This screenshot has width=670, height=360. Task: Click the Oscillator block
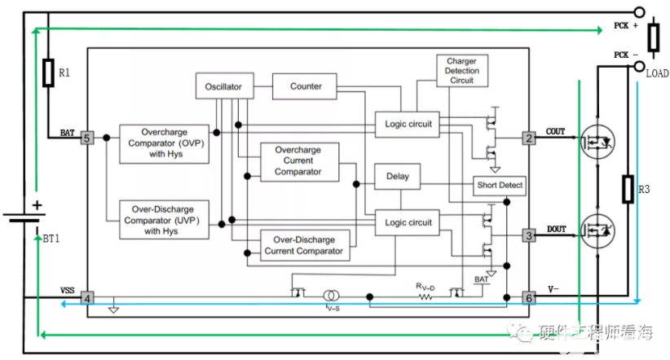(224, 86)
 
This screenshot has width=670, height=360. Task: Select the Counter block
(306, 86)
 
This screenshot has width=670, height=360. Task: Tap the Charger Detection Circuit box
(462, 71)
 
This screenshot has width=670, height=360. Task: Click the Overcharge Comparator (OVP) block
(165, 143)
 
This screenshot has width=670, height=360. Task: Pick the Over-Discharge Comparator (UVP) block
(165, 219)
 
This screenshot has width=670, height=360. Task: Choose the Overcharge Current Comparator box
(298, 160)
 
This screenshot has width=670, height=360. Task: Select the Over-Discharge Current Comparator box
(304, 246)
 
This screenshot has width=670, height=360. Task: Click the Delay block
(398, 176)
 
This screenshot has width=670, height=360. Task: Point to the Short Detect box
(499, 186)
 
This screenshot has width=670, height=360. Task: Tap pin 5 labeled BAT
(87, 138)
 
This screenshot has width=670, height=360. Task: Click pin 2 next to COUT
(529, 138)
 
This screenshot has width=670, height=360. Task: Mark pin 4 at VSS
(87, 298)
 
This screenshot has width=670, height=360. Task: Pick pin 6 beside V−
(529, 298)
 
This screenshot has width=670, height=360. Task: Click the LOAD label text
(657, 73)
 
